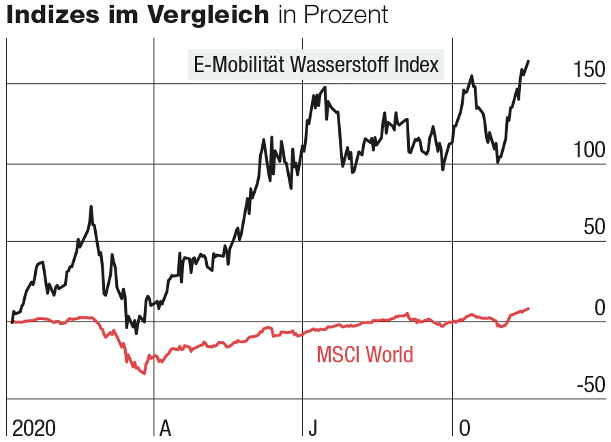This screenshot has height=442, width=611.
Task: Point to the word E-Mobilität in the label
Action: point(240,65)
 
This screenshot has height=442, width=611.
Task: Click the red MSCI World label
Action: point(365,354)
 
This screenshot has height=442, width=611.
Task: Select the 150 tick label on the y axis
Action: point(588,69)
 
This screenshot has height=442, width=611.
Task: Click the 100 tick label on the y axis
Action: point(588,150)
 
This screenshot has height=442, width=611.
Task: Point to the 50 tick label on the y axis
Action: point(594,227)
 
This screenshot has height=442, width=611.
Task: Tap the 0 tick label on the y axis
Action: point(599,308)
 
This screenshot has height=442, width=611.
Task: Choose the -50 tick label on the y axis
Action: point(591,385)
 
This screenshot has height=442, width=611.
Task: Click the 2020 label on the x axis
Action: point(34,428)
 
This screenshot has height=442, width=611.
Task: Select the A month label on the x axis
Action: point(165,428)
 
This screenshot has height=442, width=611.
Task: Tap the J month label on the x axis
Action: point(312,428)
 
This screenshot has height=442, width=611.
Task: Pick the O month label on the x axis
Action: point(464,428)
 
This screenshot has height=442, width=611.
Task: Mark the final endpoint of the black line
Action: point(528,61)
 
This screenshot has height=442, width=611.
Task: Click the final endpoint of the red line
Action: point(528,309)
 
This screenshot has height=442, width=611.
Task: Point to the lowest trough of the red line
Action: point(144,373)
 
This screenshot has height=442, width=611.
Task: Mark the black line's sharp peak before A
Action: point(91,206)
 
